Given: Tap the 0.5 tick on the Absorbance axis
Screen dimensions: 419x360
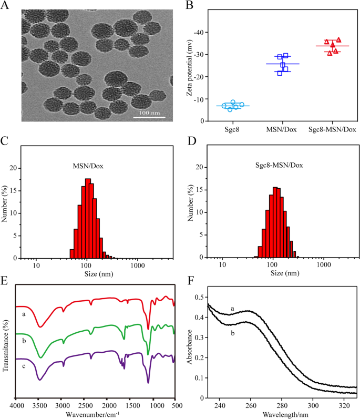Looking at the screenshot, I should [x=200, y=298].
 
